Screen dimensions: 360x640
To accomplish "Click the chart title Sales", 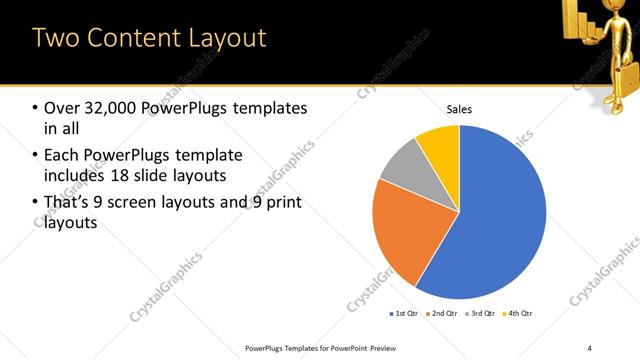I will click(459, 110).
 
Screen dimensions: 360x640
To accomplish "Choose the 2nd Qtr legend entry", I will click(445, 314).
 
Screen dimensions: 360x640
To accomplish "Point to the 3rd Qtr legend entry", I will click(484, 314).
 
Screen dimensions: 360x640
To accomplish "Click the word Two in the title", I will click(56, 38).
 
